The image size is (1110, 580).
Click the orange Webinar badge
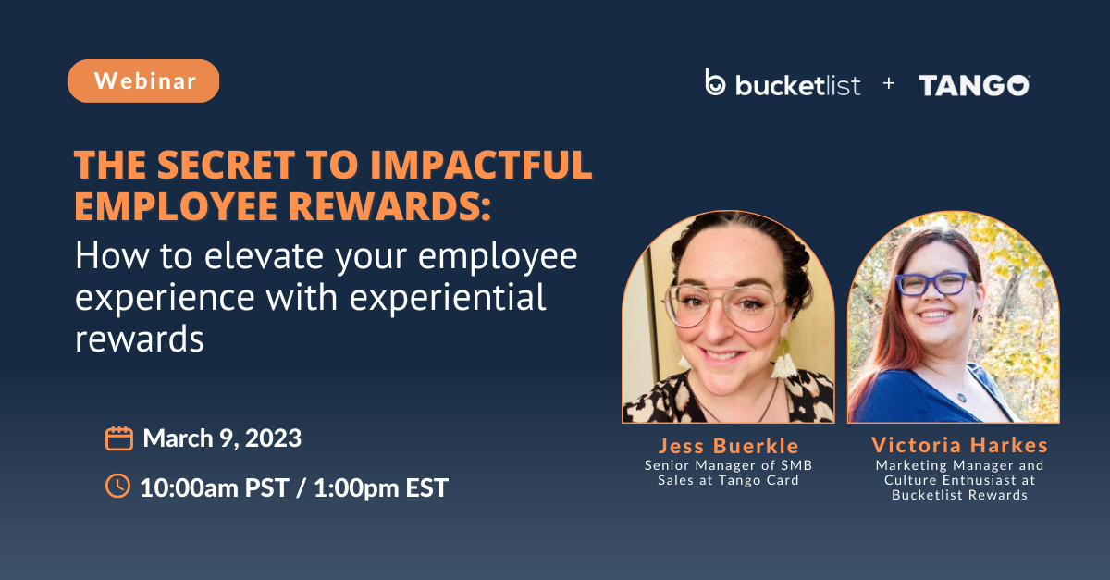click(x=143, y=80)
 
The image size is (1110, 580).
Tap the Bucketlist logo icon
click(x=715, y=83)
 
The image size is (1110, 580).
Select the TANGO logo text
click(x=974, y=85)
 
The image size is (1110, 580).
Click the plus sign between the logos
click(x=889, y=83)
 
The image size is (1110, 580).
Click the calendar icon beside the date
click(x=119, y=438)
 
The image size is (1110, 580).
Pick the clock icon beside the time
click(x=118, y=486)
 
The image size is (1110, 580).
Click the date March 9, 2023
click(x=222, y=438)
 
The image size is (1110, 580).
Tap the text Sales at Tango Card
click(x=728, y=480)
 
